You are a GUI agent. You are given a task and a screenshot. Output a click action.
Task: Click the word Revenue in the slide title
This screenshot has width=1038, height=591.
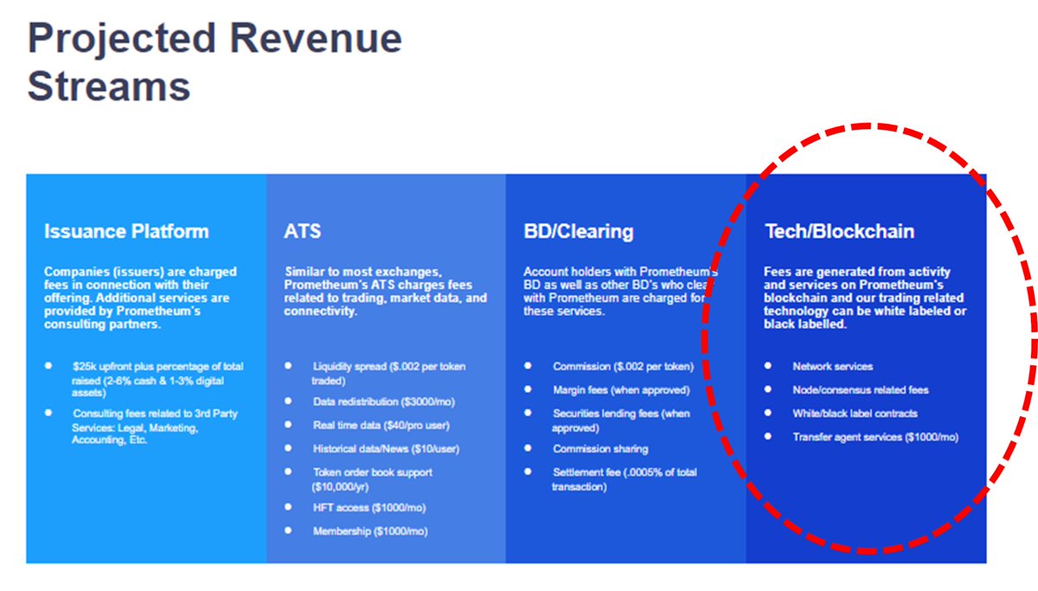pyautogui.click(x=316, y=38)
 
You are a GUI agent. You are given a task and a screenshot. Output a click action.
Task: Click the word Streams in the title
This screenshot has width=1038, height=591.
pyautogui.click(x=109, y=87)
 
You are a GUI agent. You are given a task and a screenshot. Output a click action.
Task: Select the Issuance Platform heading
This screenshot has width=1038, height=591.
pyautogui.click(x=126, y=231)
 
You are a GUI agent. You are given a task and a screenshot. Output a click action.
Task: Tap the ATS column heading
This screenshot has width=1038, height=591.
pyautogui.click(x=302, y=231)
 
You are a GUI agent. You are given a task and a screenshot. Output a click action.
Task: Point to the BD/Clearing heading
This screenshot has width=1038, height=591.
pyautogui.click(x=579, y=231)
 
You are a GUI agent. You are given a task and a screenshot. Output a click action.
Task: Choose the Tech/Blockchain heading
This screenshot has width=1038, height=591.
pyautogui.click(x=840, y=231)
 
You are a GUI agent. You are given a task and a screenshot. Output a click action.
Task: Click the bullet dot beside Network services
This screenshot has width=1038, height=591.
pyautogui.click(x=768, y=366)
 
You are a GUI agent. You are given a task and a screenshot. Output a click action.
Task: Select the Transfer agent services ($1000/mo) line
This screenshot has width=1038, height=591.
pyautogui.click(x=875, y=437)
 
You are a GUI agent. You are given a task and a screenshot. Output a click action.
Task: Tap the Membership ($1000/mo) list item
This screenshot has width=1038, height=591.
pyautogui.click(x=370, y=531)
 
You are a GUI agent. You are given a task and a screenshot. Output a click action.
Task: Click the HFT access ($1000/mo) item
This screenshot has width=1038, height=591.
pyautogui.click(x=369, y=508)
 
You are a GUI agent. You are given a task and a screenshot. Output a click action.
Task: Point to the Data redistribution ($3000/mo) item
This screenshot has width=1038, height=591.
pyautogui.click(x=384, y=401)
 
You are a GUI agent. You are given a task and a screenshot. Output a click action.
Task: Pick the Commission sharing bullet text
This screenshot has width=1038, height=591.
pyautogui.click(x=600, y=449)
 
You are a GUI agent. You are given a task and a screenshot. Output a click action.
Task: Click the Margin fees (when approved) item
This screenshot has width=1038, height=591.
pyautogui.click(x=621, y=390)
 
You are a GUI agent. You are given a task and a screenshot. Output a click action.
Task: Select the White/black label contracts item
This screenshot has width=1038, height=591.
pyautogui.click(x=855, y=414)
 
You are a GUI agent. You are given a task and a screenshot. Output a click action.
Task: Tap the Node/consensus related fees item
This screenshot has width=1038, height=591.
pyautogui.click(x=861, y=390)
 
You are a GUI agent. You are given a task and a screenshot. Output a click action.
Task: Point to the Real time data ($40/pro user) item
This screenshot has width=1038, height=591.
pyautogui.click(x=381, y=425)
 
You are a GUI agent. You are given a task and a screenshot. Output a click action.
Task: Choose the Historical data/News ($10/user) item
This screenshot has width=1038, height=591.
pyautogui.click(x=386, y=449)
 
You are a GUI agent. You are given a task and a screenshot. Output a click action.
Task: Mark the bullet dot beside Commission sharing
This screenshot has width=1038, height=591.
pyautogui.click(x=528, y=448)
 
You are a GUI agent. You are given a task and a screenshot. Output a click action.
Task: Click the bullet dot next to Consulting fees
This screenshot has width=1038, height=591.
pyautogui.click(x=48, y=413)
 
